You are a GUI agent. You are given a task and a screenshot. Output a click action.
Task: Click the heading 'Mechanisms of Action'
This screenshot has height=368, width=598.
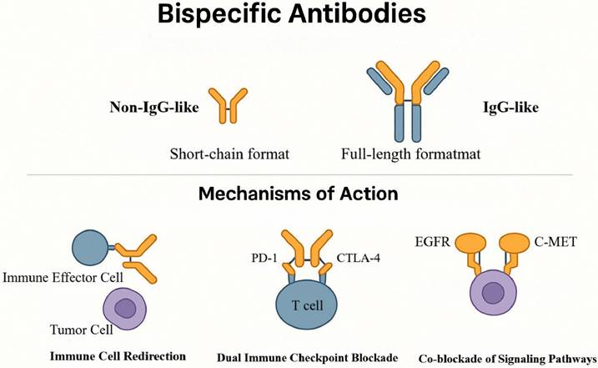(299, 194)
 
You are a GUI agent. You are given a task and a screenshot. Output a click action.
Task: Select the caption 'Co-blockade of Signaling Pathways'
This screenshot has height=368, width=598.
(510, 356)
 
